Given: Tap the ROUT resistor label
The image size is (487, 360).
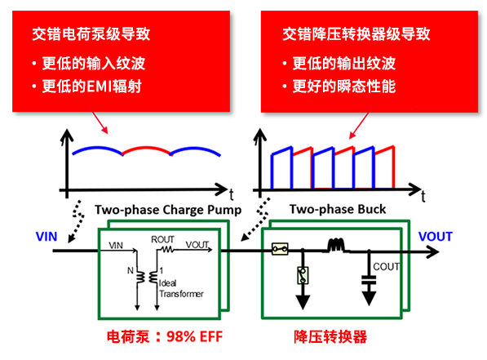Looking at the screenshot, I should coord(162,238).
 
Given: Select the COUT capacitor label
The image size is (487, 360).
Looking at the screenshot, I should coord(387,266).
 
